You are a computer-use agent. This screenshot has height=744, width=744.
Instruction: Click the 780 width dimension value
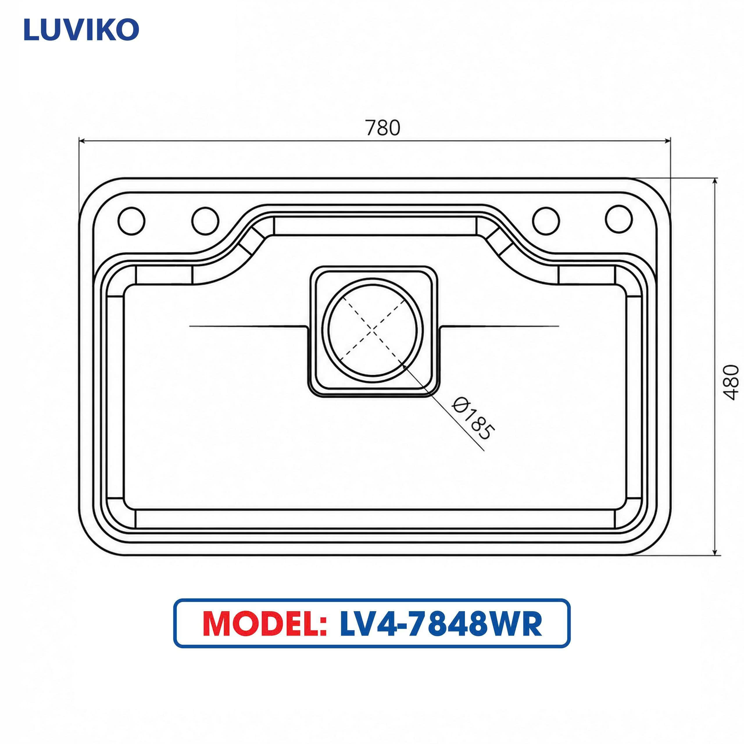pos(383,128)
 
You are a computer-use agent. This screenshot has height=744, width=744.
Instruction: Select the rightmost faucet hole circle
pos(618,219)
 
